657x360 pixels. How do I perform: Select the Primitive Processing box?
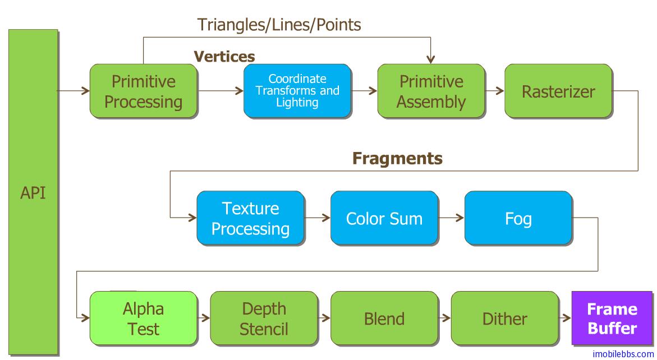coord(144,91)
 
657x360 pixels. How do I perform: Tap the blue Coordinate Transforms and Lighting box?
coord(297,91)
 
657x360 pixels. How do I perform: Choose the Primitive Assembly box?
coord(431,91)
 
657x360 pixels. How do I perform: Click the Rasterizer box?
coord(558,91)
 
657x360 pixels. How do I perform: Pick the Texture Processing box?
coord(250,218)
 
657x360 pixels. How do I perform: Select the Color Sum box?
coord(384,218)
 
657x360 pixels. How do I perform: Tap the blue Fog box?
coord(518,218)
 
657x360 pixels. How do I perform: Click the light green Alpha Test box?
coord(144,318)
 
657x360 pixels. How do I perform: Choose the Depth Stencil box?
coord(264,318)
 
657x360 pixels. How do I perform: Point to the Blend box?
coord(384,318)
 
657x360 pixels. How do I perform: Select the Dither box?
coord(504,318)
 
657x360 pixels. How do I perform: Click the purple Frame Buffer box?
coord(612,318)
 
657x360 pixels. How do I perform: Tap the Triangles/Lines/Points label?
coord(279,25)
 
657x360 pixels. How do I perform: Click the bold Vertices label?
coord(224,57)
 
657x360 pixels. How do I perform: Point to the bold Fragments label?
coord(397,159)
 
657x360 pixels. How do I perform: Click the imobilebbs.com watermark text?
coord(623,354)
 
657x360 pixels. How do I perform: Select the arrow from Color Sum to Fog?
coord(452,218)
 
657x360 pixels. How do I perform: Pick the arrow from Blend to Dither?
coord(444,318)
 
